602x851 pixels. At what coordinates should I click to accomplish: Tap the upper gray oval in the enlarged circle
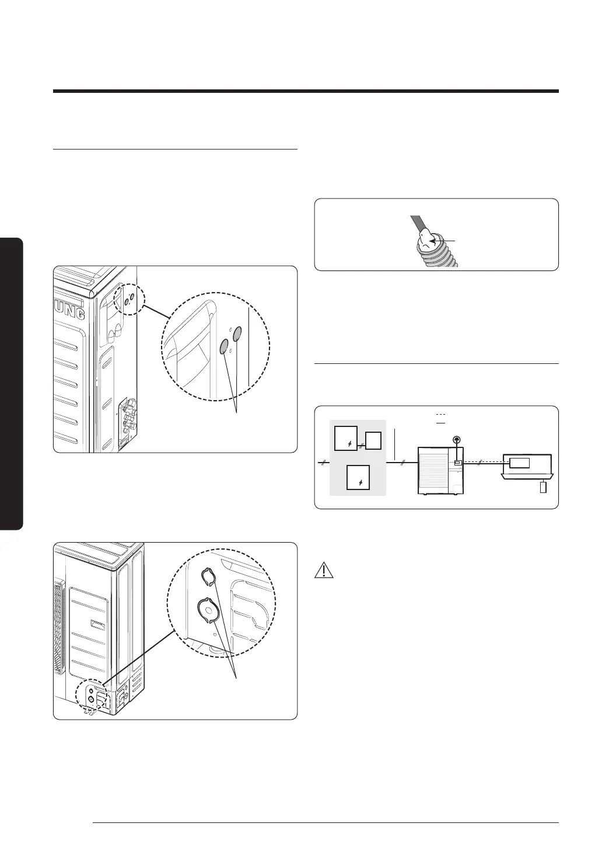pyautogui.click(x=237, y=335)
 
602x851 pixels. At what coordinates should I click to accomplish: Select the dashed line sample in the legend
pyautogui.click(x=441, y=414)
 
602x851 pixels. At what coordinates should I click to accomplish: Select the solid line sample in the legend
pyautogui.click(x=441, y=421)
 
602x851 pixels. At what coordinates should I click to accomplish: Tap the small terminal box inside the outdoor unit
pyautogui.click(x=458, y=463)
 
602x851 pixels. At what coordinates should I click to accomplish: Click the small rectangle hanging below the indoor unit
pyautogui.click(x=544, y=487)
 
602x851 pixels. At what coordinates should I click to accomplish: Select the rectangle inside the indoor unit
pyautogui.click(x=520, y=463)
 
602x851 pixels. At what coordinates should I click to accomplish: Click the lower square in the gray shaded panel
pyautogui.click(x=358, y=477)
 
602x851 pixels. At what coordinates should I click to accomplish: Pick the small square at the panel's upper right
pyautogui.click(x=373, y=440)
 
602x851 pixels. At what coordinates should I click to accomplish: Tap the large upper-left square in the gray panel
pyautogui.click(x=346, y=439)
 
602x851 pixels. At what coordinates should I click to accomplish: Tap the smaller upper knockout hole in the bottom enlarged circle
pyautogui.click(x=208, y=577)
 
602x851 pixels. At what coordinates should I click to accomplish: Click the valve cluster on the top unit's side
pyautogui.click(x=127, y=418)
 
